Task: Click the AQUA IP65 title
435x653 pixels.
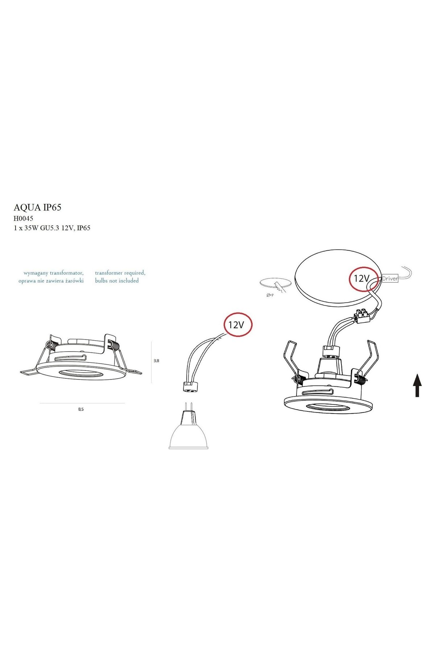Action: point(37,207)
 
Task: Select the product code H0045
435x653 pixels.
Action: point(23,218)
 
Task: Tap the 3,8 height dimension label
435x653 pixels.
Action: point(156,361)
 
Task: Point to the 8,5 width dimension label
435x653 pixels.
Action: point(81,409)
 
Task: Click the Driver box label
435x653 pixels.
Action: point(390,279)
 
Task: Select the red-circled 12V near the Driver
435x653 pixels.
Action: point(362,279)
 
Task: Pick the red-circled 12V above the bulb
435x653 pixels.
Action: point(237,324)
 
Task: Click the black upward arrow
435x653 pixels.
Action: point(417,385)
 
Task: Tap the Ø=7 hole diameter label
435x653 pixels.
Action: point(270,295)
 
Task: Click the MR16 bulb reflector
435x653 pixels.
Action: point(188,435)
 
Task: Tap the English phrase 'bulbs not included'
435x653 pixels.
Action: point(117,280)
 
